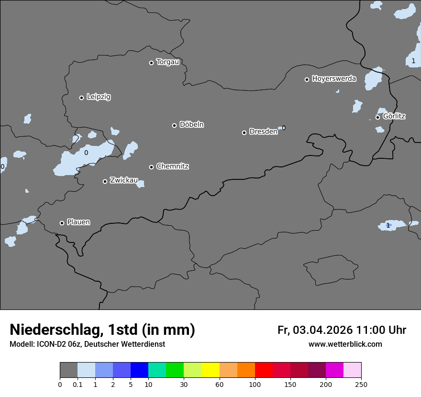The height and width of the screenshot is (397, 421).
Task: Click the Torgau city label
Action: [167, 62]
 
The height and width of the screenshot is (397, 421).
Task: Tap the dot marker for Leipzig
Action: [81, 98]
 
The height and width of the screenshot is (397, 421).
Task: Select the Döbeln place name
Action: [191, 125]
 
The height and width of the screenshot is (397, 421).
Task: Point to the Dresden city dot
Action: [244, 132]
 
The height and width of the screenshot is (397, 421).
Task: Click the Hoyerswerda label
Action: [334, 79]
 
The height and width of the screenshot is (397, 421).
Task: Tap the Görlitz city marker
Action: [377, 117]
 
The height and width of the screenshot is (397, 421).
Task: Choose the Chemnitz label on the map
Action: [172, 166]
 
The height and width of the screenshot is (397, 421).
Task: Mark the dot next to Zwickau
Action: [105, 181]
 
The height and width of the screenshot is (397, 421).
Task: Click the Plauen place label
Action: [78, 222]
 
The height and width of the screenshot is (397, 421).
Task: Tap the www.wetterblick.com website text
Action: [345, 344]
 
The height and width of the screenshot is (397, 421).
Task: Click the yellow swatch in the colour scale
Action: [210, 370]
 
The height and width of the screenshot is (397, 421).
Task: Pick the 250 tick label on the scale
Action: [361, 384]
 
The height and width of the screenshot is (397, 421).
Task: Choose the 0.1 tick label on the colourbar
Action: [78, 384]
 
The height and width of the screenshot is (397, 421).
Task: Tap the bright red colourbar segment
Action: [264, 370]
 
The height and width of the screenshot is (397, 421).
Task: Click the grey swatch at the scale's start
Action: [68, 370]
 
